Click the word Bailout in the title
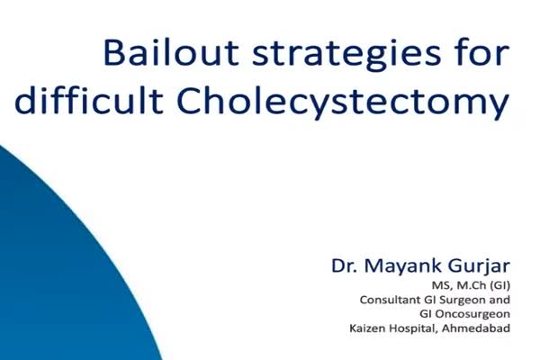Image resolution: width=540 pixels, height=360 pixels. [171, 52]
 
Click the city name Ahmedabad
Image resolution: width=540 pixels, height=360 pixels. [476, 328]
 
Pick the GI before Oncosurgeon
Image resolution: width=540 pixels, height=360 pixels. [426, 314]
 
